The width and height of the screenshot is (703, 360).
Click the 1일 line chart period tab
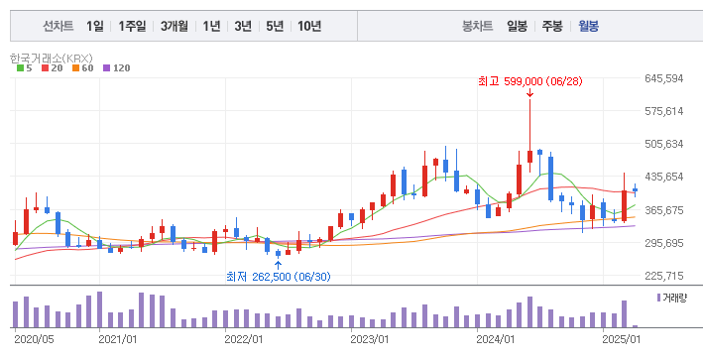click(x=94, y=26)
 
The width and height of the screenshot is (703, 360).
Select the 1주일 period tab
click(x=132, y=26)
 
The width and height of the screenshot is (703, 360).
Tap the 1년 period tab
click(x=211, y=26)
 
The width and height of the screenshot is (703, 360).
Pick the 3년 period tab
click(x=243, y=26)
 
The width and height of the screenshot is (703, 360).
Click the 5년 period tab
click(x=275, y=26)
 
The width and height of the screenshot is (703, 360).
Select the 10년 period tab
click(x=309, y=26)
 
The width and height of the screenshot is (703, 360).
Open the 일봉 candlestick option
click(x=517, y=26)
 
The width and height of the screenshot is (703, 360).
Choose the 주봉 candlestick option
click(x=551, y=26)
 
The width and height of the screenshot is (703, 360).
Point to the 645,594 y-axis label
click(x=663, y=78)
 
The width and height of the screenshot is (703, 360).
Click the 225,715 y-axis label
click(x=663, y=276)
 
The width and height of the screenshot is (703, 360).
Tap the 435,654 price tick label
click(x=663, y=177)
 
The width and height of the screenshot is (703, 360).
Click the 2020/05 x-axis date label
click(x=35, y=339)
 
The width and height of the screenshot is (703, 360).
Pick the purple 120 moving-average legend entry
click(x=118, y=67)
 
